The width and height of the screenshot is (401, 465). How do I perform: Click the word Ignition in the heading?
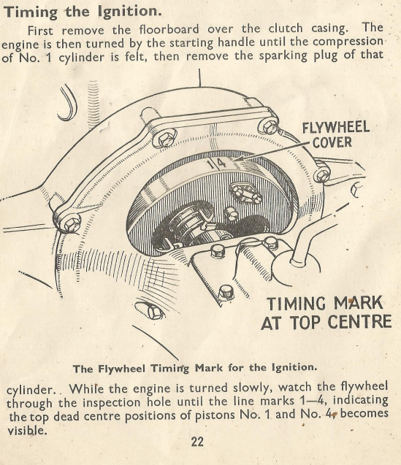(x=130, y=11)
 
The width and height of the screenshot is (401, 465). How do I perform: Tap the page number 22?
(x=197, y=442)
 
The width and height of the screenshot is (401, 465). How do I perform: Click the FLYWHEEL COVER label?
(x=336, y=134)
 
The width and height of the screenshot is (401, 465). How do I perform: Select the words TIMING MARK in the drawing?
(x=325, y=303)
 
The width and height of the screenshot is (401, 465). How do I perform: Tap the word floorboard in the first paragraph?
(x=169, y=29)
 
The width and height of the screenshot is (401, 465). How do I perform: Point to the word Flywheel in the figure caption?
(x=122, y=369)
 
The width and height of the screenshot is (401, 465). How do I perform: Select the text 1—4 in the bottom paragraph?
(x=311, y=401)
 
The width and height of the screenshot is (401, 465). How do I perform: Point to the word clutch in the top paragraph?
(x=286, y=28)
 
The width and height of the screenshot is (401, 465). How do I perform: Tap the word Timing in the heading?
(x=30, y=12)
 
